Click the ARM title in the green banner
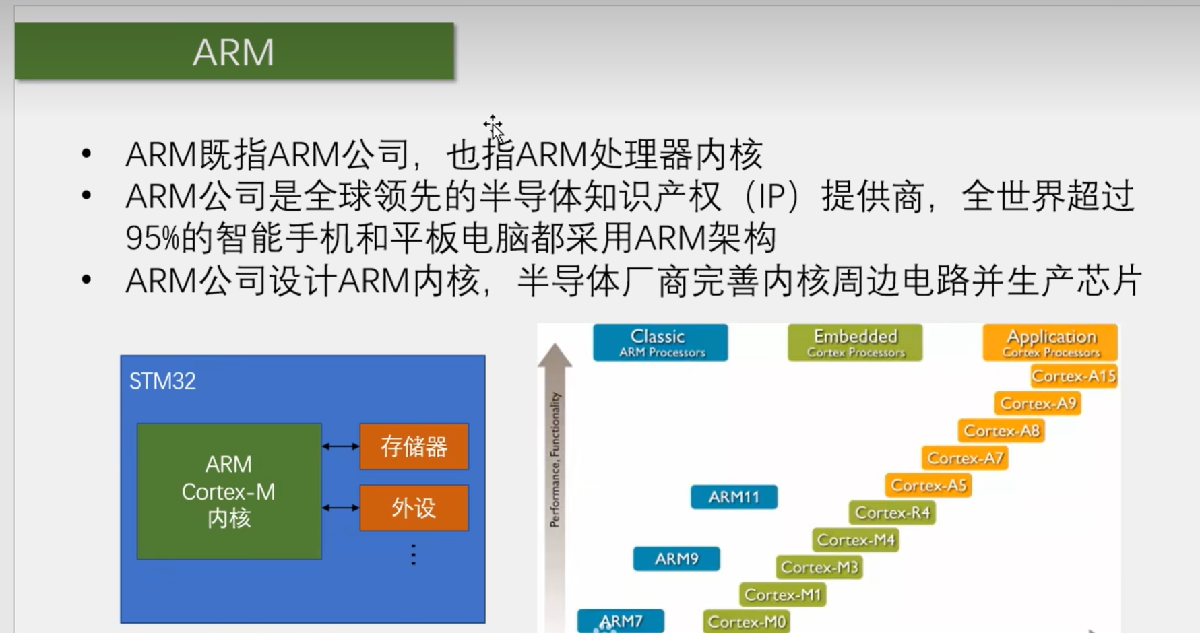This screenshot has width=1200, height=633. click(x=233, y=52)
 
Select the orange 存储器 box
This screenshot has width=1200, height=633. click(x=414, y=446)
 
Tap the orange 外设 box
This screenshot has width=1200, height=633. click(x=414, y=508)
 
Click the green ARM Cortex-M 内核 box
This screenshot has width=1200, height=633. click(x=229, y=491)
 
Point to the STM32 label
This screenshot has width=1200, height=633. click(x=162, y=381)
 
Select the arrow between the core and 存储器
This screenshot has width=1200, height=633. click(x=340, y=446)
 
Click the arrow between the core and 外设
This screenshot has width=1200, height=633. click(x=340, y=508)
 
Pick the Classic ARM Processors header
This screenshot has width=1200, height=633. click(x=660, y=343)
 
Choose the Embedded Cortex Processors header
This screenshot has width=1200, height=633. click(x=855, y=343)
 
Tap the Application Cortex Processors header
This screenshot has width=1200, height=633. click(x=1050, y=343)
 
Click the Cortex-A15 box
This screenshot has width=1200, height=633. click(x=1073, y=376)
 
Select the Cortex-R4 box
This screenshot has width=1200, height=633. click(x=892, y=512)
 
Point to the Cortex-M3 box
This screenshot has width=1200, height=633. click(x=819, y=568)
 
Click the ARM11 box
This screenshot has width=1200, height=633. click(x=734, y=497)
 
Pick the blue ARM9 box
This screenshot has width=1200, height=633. click(x=676, y=559)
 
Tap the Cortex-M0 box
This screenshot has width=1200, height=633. click(x=747, y=622)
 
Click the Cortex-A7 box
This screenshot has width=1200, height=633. click(x=965, y=458)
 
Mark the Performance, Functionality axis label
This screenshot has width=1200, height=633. click(x=555, y=459)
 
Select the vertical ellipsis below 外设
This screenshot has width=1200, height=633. click(x=414, y=555)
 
